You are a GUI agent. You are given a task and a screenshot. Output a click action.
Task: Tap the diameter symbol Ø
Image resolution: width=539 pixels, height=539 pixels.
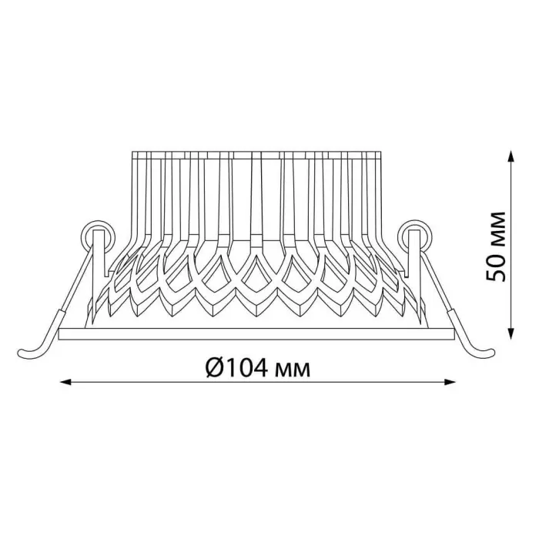point(216,369)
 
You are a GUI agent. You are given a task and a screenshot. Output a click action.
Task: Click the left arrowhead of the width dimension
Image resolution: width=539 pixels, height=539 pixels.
point(65,382)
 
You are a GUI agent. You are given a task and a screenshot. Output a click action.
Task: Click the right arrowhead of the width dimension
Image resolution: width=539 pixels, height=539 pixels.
point(450,382)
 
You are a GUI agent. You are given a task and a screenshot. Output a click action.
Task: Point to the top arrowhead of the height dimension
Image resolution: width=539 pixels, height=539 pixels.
point(512,156)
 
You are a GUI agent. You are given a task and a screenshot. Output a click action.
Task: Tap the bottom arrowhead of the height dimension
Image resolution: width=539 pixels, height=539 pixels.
point(512,333)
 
